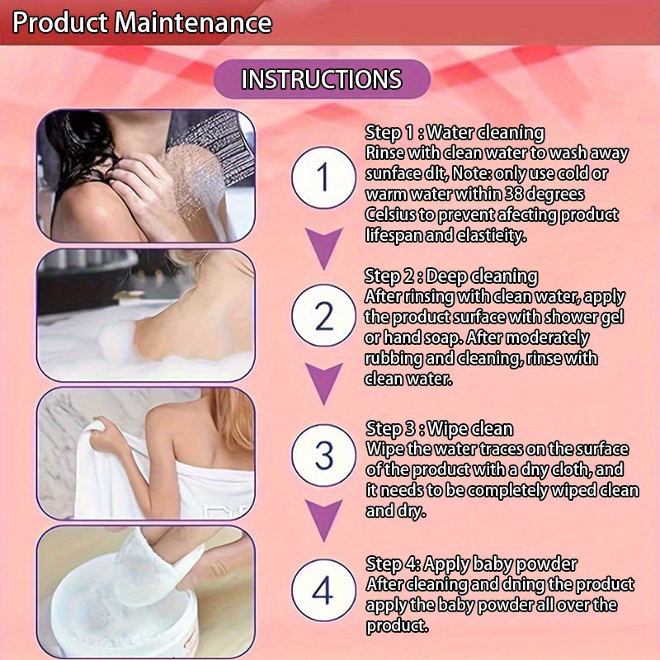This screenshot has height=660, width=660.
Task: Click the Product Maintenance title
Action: point(142,22)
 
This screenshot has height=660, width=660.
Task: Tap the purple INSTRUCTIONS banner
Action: point(322,79)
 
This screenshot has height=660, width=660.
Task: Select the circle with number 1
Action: point(323,177)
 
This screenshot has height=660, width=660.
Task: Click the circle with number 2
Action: point(323,316)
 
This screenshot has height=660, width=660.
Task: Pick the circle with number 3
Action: point(323,455)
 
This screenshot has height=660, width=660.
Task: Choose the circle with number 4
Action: point(323,591)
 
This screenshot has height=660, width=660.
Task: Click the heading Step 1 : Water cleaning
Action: point(455,132)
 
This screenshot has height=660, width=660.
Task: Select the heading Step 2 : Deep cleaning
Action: point(451,276)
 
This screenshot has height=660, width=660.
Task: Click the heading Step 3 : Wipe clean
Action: point(439,428)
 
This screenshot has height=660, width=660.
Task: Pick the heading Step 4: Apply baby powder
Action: point(471,564)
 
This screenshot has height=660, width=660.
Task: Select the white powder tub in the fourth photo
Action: point(107,610)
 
